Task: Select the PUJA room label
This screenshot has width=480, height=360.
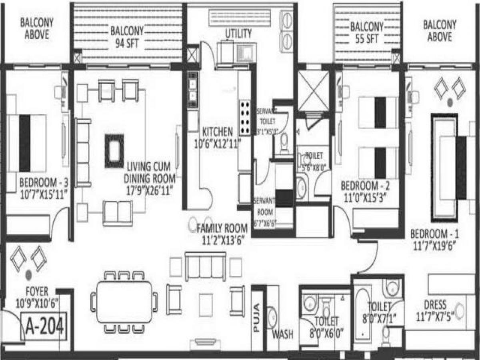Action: (x=257, y=318)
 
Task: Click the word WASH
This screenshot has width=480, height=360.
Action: (x=283, y=334)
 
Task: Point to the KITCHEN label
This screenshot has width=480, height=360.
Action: (x=217, y=131)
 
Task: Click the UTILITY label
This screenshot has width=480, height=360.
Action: (x=238, y=33)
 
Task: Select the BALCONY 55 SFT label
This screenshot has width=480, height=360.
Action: (x=367, y=33)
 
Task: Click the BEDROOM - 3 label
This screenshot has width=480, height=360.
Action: (x=44, y=183)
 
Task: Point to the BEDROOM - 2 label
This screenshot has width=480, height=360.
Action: (x=365, y=186)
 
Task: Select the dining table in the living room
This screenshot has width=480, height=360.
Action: (x=124, y=302)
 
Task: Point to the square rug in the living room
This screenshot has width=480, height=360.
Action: (x=114, y=151)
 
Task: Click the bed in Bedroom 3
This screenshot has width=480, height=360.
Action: (x=26, y=142)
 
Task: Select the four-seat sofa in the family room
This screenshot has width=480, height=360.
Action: (x=206, y=266)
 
